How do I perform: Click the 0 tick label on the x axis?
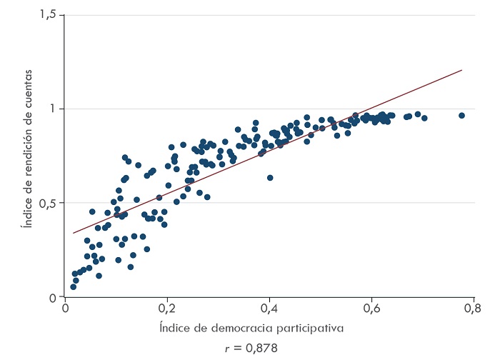coord(65,309)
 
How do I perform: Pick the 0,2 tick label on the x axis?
coord(167,309)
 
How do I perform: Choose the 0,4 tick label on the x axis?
coord(269,309)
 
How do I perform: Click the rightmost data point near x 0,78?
coord(461,115)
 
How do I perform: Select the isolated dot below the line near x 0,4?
coord(270,178)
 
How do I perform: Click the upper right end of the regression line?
coord(462,70)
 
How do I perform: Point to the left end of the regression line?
coord(73,233)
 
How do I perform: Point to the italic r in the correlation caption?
coord(226,349)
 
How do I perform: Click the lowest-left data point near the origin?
coord(73,287)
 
